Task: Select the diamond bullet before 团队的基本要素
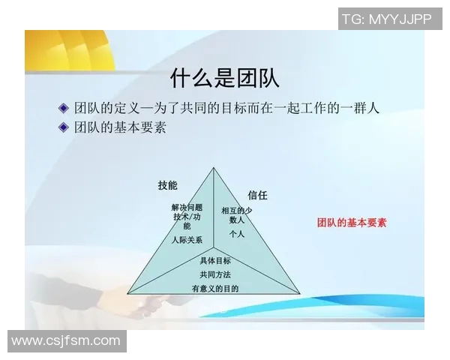pos(64,127)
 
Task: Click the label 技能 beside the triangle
pos(167,185)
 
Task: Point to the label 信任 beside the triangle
pos(257,195)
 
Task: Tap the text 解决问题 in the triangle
pos(187,207)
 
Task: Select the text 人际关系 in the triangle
pos(186,241)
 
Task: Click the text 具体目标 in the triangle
pos(215,261)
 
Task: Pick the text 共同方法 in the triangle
pos(215,274)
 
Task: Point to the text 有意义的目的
pos(215,289)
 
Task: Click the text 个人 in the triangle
pos(237,233)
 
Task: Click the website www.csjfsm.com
pos(66,341)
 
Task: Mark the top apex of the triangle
pos(214,168)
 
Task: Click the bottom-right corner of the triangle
pos(300,293)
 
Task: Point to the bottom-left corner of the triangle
pos(127,293)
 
